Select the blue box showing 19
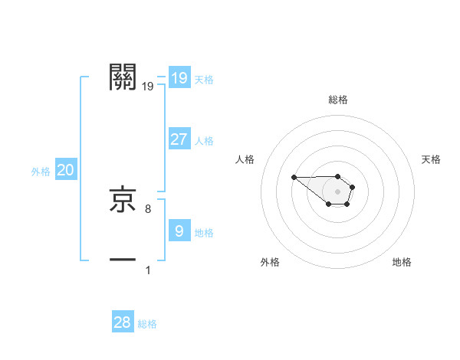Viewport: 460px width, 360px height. [179, 77]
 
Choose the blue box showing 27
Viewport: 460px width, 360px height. [179, 139]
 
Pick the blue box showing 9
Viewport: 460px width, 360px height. [179, 231]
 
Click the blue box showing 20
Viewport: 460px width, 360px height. [65, 170]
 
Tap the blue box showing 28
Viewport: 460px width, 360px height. [123, 322]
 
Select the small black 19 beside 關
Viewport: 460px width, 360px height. [148, 87]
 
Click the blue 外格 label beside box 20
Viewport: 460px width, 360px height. [41, 172]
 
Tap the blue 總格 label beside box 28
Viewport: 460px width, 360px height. [147, 324]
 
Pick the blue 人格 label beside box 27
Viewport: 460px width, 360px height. [204, 141]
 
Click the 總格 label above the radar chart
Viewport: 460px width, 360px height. [337, 100]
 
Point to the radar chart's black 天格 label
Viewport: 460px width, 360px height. [431, 159]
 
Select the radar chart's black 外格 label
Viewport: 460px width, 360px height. [269, 262]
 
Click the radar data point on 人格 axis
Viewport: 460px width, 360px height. [294, 177]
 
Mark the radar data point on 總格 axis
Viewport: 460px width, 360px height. [337, 174]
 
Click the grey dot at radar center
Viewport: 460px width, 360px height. [337, 191]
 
